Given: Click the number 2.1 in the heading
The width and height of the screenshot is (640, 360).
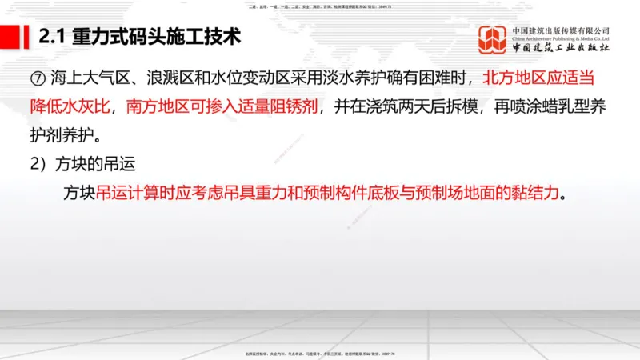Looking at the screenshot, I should point(53,38).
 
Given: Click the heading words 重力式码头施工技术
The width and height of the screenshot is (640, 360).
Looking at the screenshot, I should point(156,38).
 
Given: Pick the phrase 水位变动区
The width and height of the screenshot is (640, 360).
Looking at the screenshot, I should point(243,80).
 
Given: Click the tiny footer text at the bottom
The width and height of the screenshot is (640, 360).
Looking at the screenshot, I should point(319,354).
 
